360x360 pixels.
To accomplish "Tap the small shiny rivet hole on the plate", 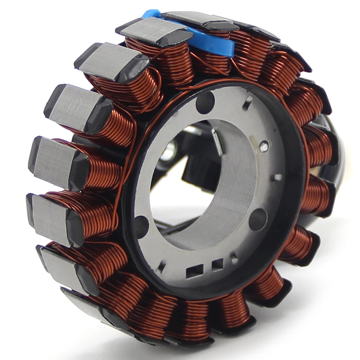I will [264, 147].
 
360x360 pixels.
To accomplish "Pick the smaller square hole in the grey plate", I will [217, 265].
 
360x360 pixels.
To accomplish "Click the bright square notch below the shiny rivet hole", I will [277, 177].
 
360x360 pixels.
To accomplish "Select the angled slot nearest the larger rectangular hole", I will [161, 267].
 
